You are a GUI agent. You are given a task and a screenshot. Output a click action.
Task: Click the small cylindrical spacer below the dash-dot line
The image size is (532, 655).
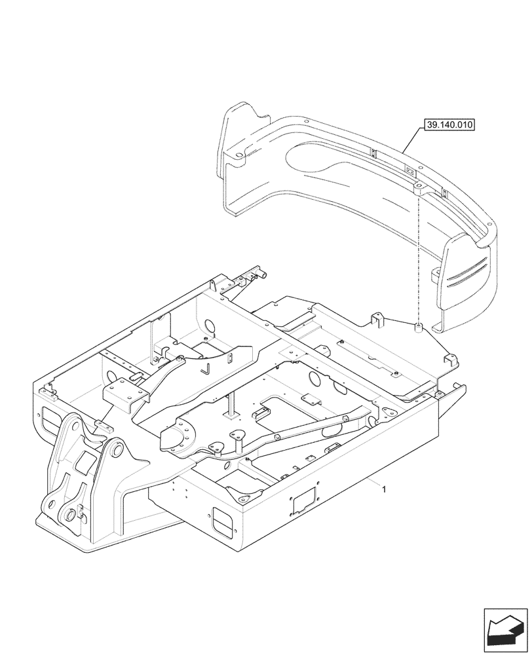click(x=416, y=326)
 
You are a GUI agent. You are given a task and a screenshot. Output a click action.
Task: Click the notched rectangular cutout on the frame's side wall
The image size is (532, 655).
click(x=305, y=501)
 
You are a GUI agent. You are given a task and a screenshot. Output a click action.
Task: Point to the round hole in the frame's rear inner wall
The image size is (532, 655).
click(x=211, y=326)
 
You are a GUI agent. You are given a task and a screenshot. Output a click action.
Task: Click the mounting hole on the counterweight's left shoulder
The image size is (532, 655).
click(x=238, y=155)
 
